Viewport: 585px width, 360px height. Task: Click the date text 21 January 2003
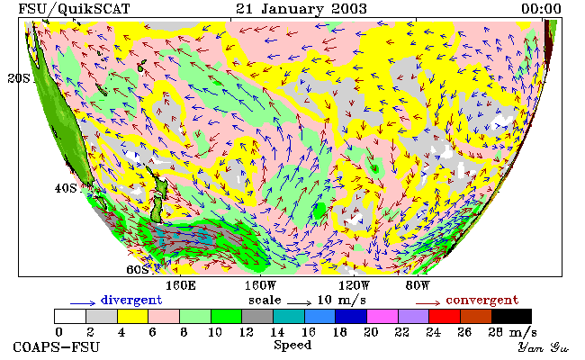(x=301, y=9)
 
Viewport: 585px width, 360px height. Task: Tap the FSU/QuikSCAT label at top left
(x=74, y=9)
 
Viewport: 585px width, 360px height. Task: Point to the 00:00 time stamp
(x=541, y=9)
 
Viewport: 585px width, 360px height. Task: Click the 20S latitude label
(x=19, y=78)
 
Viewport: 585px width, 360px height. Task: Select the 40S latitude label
(x=66, y=188)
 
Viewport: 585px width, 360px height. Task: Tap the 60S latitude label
(x=138, y=269)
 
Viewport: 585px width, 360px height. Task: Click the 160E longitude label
(x=181, y=286)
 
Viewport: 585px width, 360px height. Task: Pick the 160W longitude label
(x=260, y=286)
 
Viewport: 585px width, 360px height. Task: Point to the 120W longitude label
(x=354, y=286)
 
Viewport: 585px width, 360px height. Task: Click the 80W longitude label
(x=418, y=286)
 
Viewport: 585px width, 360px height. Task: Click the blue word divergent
(x=131, y=301)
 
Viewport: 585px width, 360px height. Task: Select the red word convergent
(x=482, y=301)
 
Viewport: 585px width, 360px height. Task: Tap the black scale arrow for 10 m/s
(x=299, y=303)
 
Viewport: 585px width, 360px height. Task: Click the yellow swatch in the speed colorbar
(x=133, y=317)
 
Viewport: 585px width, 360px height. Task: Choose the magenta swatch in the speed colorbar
(x=382, y=317)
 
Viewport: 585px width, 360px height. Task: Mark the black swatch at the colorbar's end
(x=511, y=317)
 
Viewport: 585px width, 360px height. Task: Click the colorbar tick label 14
(x=277, y=332)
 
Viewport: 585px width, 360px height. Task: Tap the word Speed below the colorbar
(x=292, y=346)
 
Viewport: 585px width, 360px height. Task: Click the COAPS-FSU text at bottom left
(x=57, y=347)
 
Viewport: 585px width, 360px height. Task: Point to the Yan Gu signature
(x=544, y=348)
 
